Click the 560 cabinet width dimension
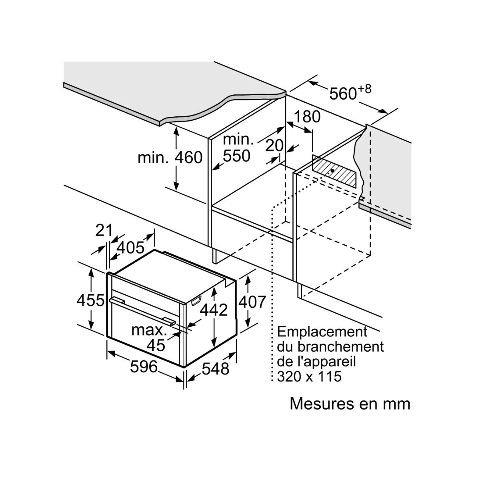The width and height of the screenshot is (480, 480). (343, 94)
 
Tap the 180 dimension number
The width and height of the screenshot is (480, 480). (307, 116)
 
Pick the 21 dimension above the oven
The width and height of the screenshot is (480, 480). (104, 230)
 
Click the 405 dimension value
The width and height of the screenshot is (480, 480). (130, 248)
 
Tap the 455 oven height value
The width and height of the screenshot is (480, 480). (91, 300)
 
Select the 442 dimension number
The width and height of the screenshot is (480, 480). (214, 310)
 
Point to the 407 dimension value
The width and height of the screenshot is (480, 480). (252, 302)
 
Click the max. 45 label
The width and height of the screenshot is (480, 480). (149, 337)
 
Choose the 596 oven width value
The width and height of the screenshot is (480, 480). (144, 366)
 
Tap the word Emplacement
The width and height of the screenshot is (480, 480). (322, 332)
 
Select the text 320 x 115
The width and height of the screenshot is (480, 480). (309, 376)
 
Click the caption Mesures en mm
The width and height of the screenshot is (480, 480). (350, 404)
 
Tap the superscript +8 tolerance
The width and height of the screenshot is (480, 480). (364, 89)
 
